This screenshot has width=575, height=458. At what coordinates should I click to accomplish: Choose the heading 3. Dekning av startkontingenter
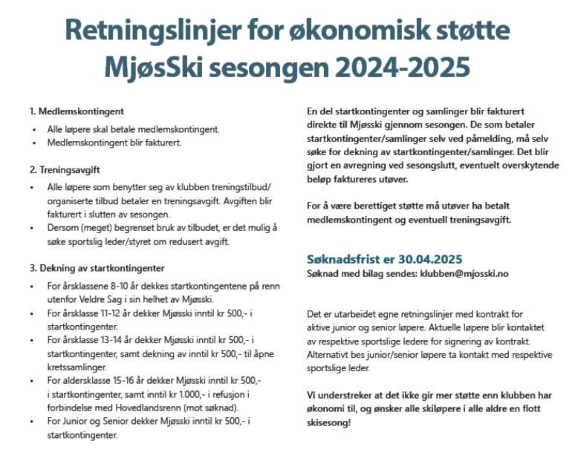coord(97,268)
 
